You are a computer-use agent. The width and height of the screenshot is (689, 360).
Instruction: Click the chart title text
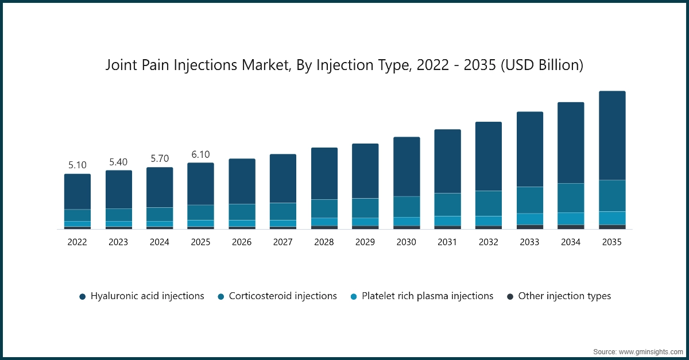point(344,65)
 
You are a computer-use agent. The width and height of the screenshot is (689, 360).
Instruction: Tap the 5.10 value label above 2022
point(77,165)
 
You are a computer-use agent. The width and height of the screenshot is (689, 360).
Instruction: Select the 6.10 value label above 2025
point(200,154)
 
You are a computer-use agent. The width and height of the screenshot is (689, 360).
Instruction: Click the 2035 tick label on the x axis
point(612,242)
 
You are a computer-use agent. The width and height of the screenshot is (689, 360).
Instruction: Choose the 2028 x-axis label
point(324,242)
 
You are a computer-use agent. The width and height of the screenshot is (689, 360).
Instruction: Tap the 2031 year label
point(447,242)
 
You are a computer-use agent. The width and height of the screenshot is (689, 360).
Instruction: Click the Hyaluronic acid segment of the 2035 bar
point(612,136)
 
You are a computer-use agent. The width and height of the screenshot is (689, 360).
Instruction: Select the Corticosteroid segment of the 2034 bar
point(571,198)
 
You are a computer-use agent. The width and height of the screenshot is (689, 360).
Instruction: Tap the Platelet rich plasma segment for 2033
point(529,219)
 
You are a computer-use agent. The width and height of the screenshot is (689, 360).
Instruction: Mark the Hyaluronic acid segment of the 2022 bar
point(77,192)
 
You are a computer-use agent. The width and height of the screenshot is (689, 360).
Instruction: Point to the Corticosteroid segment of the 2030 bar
point(407,207)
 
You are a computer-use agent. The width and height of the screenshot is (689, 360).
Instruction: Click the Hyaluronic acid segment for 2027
point(283,179)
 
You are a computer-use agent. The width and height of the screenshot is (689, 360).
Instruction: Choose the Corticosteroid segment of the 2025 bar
point(200,212)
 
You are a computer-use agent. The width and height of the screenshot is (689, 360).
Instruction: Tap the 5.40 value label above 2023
point(118,162)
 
